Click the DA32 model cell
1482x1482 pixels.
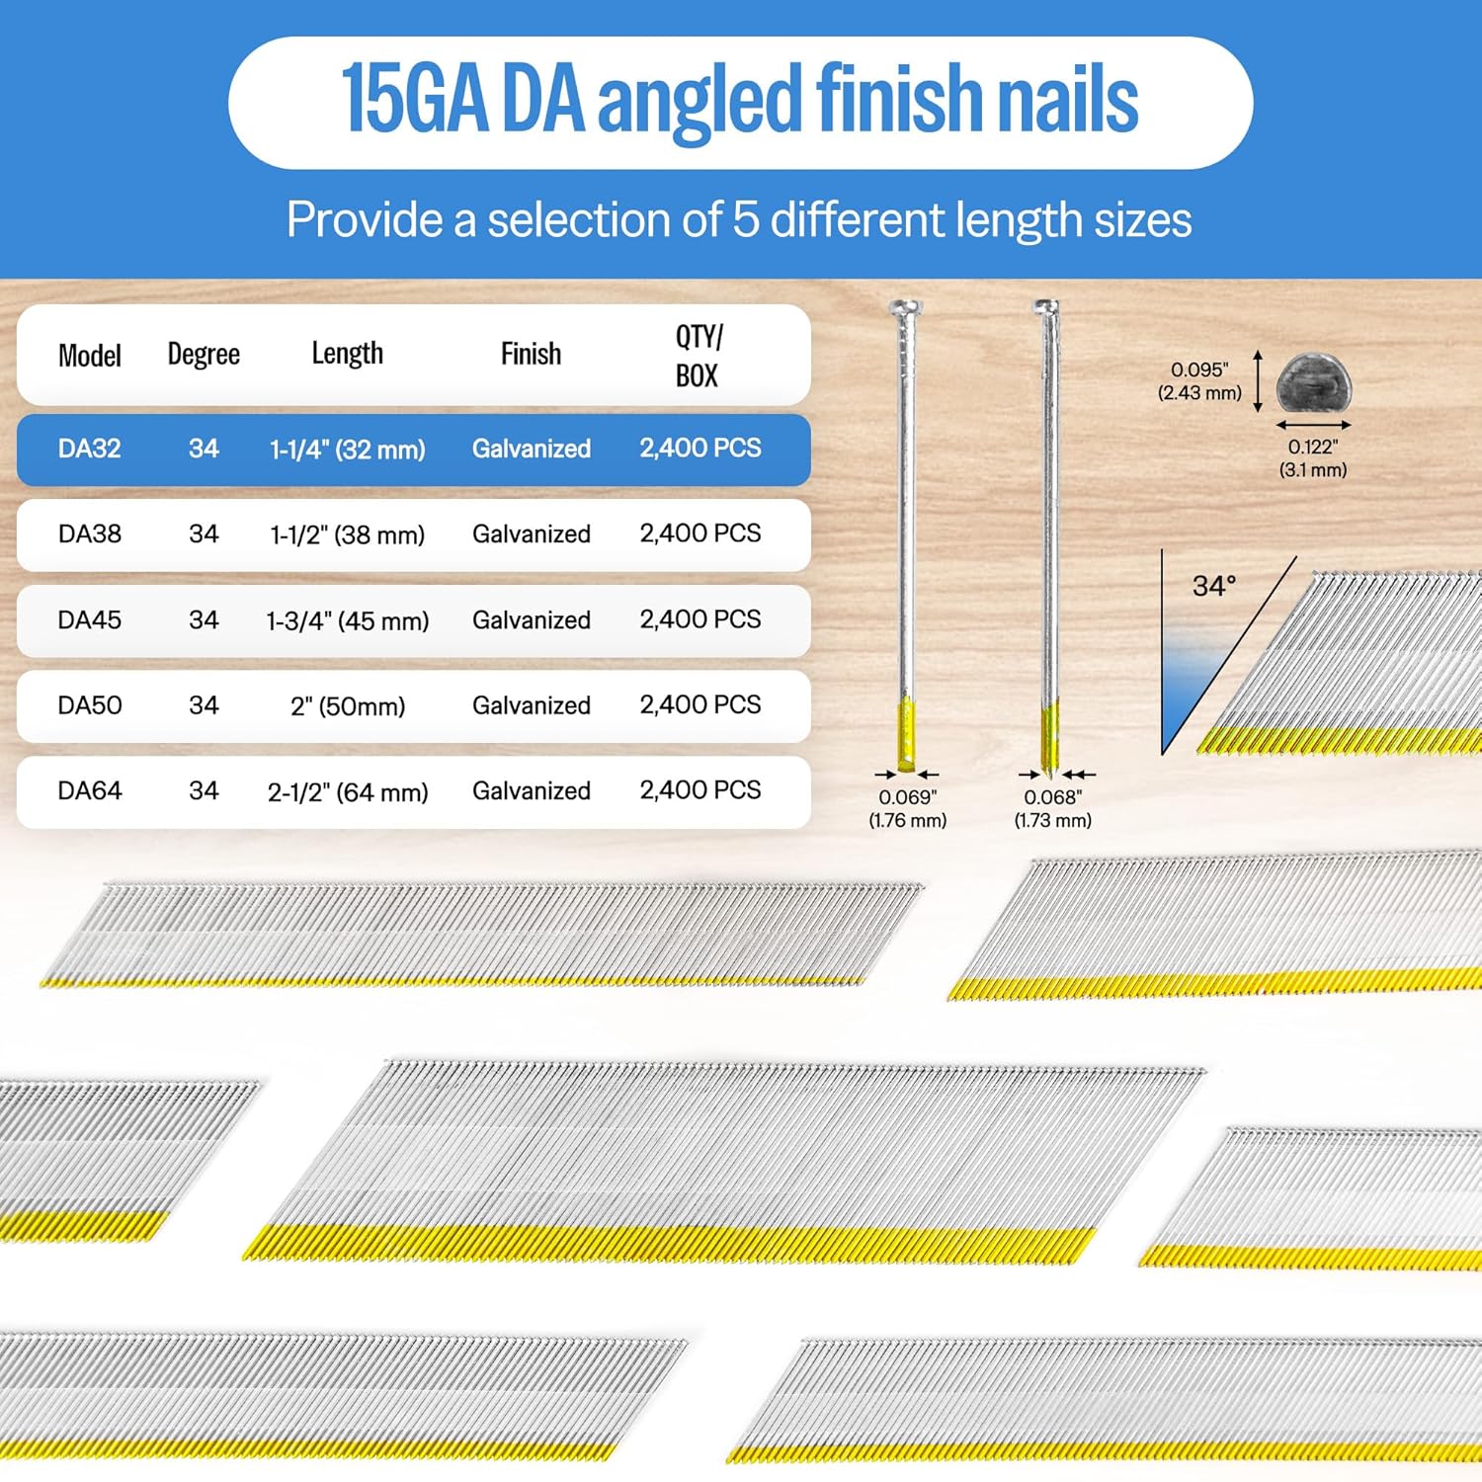89,449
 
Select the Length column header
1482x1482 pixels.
347,354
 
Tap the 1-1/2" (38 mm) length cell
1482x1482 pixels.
347,535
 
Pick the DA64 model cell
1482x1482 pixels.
89,791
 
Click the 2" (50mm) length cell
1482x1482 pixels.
348,706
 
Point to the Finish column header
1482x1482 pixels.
531,354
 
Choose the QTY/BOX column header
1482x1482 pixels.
699,356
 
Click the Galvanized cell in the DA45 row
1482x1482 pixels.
531,620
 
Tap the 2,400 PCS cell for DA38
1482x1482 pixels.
700,534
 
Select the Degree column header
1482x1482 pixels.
204,354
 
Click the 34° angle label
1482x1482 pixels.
1213,586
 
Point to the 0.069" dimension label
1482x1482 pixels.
907,797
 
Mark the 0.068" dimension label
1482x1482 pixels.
1052,797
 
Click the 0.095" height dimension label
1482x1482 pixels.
1198,370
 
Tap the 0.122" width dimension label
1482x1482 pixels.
1312,448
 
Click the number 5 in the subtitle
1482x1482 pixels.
745,219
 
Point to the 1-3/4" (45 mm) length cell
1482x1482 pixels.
347,620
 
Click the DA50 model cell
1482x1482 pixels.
89,705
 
